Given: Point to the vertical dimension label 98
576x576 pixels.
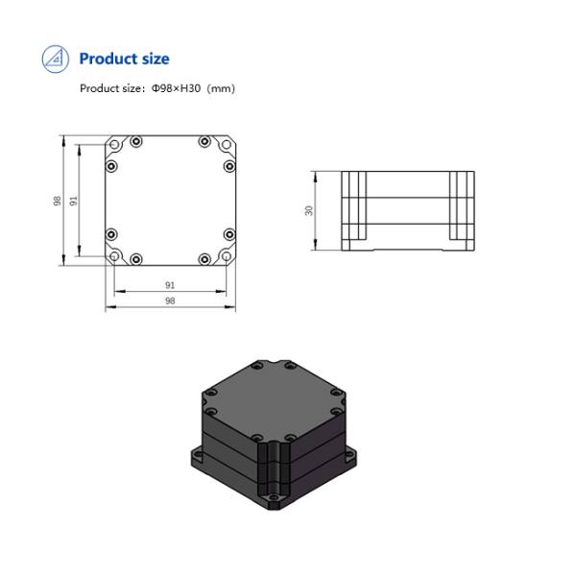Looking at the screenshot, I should [x=59, y=200].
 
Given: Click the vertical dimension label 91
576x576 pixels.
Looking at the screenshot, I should [x=74, y=200].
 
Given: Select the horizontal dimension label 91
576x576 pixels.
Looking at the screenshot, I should [x=170, y=285].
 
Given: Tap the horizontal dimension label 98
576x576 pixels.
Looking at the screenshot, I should [x=170, y=300].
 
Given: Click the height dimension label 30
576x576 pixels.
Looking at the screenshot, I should [x=309, y=209].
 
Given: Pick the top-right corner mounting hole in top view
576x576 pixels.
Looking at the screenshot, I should [x=228, y=143].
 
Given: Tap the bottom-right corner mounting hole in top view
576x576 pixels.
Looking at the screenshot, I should [x=228, y=257].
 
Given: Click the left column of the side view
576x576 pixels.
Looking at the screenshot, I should [x=353, y=205].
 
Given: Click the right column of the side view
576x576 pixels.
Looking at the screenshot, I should [x=461, y=205].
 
